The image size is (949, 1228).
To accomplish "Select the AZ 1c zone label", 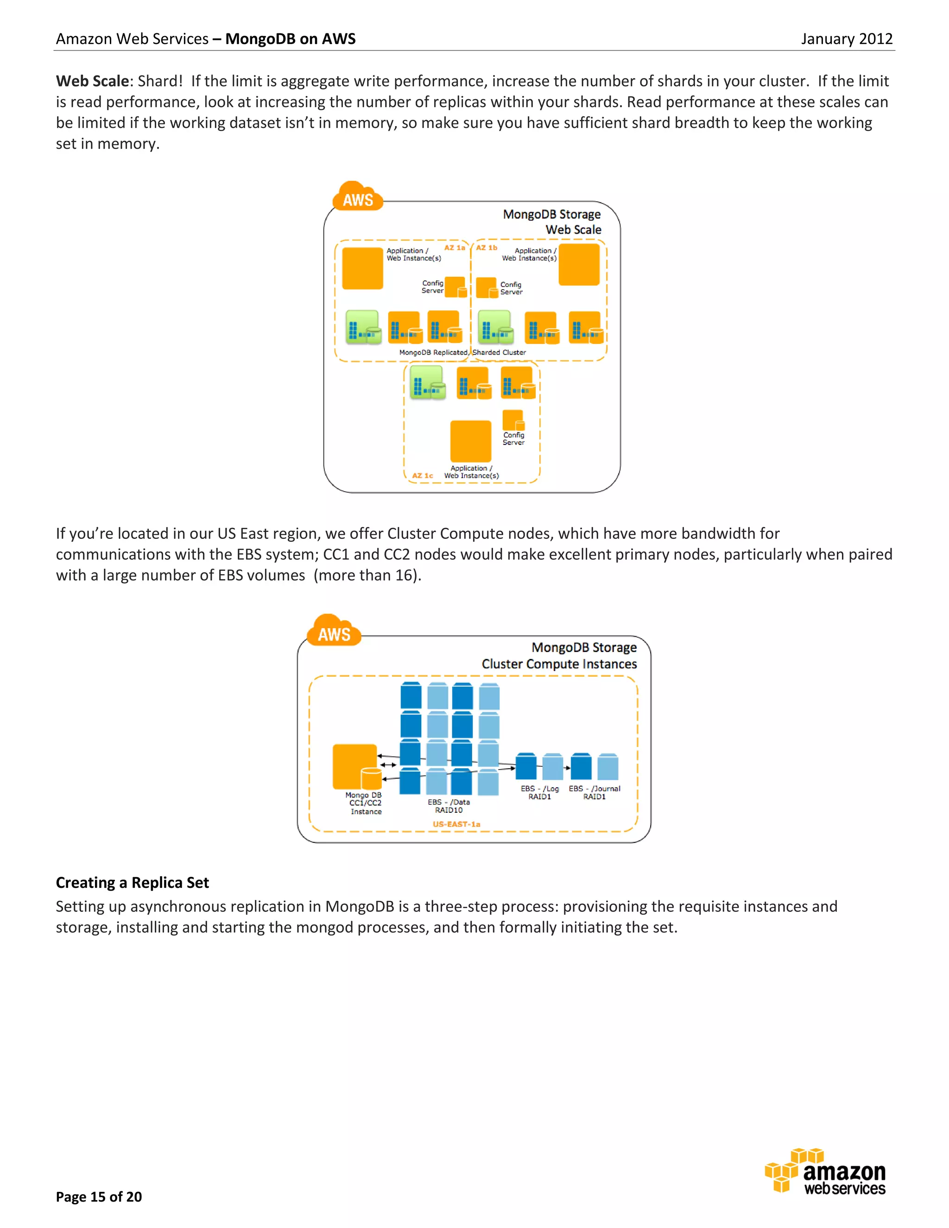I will click(423, 476).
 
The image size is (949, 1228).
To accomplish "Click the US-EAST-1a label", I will click(456, 824).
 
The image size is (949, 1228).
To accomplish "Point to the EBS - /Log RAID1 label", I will click(540, 793).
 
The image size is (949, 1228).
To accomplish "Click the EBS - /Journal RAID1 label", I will click(594, 793).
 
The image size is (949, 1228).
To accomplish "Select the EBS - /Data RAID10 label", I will click(449, 806).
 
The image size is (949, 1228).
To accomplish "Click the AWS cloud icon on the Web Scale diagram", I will click(358, 197).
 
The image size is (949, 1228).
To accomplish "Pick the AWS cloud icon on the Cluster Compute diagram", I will click(334, 631).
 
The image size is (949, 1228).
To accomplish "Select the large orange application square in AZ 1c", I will click(471, 441).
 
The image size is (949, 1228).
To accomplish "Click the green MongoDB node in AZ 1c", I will click(427, 382).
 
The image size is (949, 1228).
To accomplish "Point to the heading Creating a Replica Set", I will click(132, 883).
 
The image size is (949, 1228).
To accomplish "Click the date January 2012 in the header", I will click(846, 39).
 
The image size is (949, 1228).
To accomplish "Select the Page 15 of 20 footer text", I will click(99, 1196).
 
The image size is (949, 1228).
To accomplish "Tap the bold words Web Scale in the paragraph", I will click(93, 82).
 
